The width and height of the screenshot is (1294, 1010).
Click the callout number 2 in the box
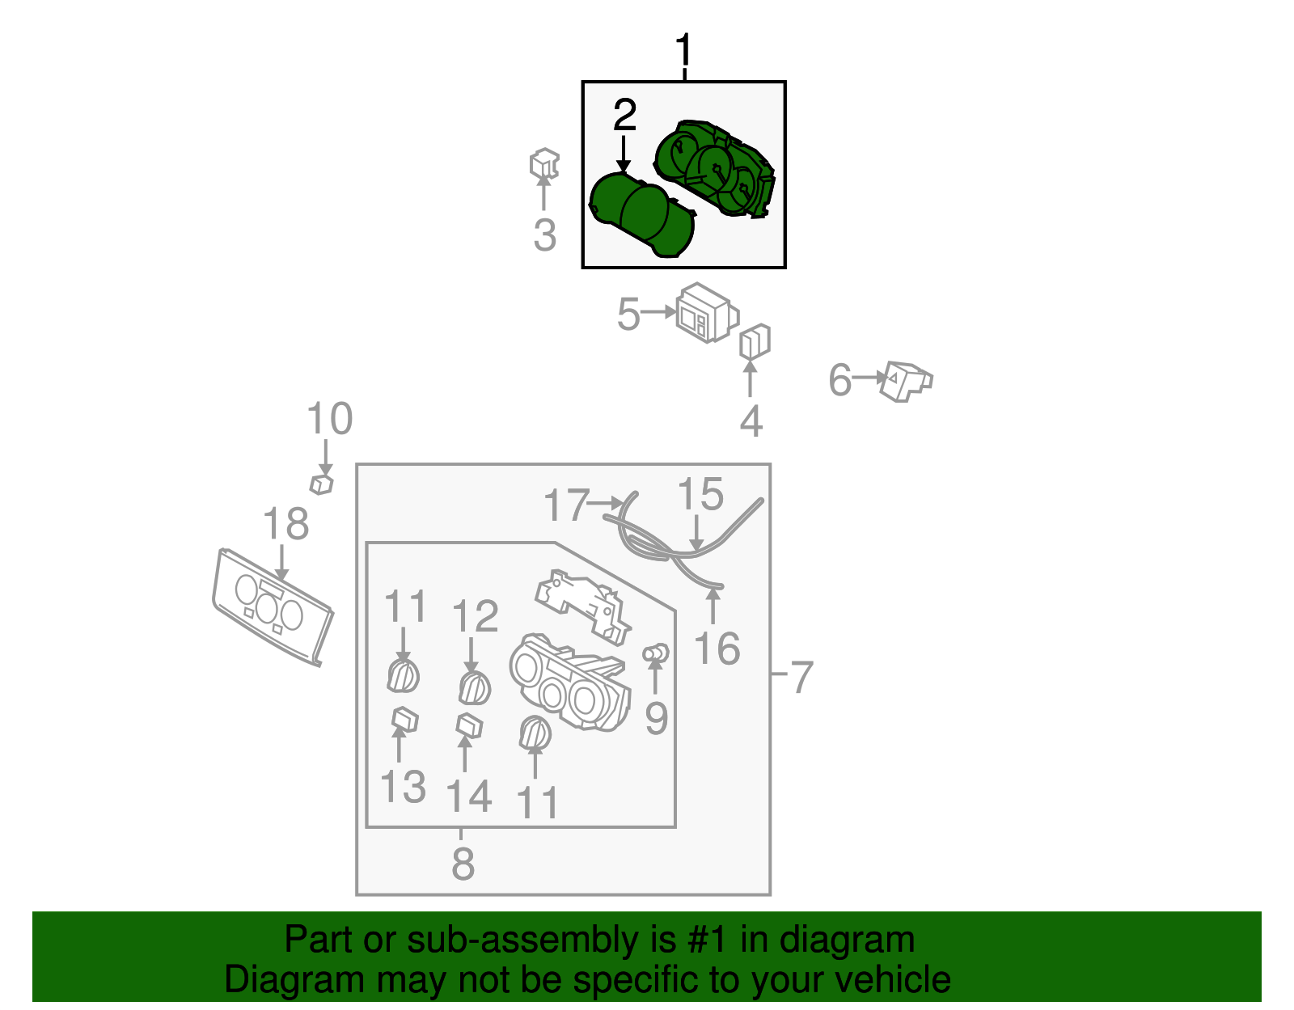[624, 116]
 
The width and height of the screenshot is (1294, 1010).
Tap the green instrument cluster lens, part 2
[641, 216]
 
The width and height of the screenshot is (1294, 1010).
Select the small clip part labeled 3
[544, 164]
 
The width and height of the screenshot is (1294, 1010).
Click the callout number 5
[628, 314]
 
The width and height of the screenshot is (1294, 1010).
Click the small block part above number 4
[754, 342]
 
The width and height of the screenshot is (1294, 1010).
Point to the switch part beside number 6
[906, 380]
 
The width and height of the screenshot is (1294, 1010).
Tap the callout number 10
[329, 419]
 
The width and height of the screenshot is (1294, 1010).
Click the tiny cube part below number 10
[321, 484]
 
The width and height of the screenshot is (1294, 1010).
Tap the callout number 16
[717, 649]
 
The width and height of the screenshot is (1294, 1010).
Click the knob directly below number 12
[474, 688]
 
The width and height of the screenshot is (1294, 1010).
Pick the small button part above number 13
[404, 719]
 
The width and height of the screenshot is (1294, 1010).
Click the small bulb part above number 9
[655, 653]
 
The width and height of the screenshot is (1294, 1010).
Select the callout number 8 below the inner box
[463, 863]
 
